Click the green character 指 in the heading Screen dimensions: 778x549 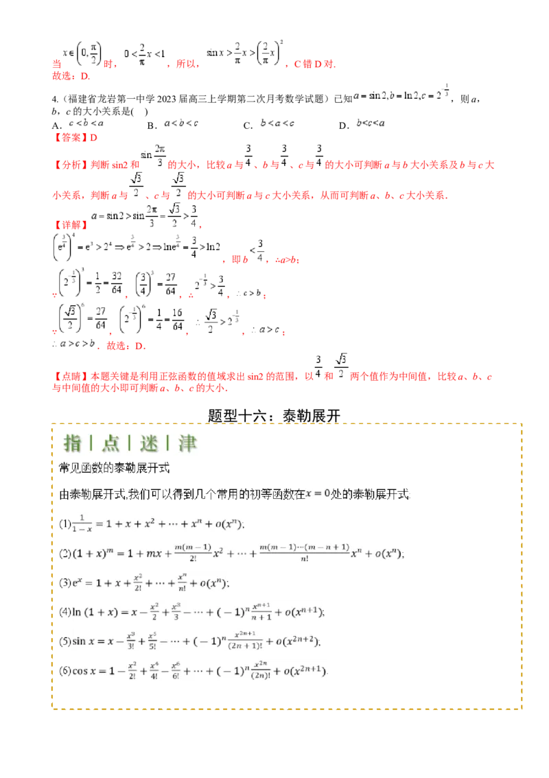72,444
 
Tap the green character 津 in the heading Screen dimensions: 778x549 187,444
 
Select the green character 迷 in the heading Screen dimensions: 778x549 149,444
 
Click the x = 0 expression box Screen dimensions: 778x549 316,493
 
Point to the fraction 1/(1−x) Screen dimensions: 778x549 81,523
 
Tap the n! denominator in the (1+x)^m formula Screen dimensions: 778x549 304,559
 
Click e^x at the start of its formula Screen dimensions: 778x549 78,583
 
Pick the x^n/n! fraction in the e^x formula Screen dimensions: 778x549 182,583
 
